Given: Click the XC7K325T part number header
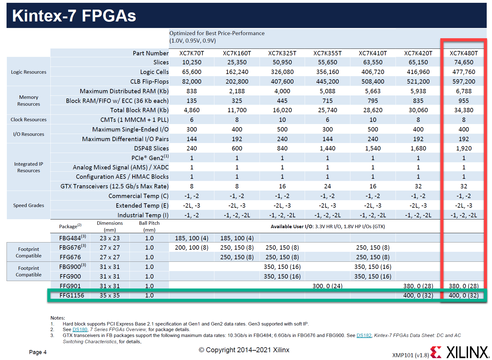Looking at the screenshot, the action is click(x=282, y=53).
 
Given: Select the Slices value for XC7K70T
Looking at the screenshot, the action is click(x=192, y=62).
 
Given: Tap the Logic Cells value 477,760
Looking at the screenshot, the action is click(x=464, y=72).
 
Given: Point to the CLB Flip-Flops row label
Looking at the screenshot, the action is click(x=149, y=82).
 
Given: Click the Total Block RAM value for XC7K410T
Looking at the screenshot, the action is click(x=373, y=110).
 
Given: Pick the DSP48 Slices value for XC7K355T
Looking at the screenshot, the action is click(x=327, y=149).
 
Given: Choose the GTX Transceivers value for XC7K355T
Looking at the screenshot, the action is click(x=327, y=186).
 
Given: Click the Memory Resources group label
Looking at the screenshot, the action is click(x=29, y=100).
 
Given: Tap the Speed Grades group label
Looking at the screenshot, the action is click(x=29, y=205).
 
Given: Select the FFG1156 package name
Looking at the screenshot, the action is click(x=72, y=296).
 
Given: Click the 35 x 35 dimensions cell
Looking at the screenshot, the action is click(x=110, y=296).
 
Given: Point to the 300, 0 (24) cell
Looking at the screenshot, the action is click(x=327, y=286).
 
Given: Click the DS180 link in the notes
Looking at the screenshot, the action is click(x=80, y=330).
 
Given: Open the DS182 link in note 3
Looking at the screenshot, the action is click(x=364, y=335).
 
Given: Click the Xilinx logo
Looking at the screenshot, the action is click(x=460, y=352).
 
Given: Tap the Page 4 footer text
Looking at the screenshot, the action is click(x=38, y=352).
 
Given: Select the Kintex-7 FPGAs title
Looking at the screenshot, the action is click(x=74, y=16).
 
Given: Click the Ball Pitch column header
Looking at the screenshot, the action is click(x=149, y=226).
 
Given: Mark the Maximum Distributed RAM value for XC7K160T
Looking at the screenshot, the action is click(x=237, y=91).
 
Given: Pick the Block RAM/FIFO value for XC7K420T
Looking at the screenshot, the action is click(x=418, y=101).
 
